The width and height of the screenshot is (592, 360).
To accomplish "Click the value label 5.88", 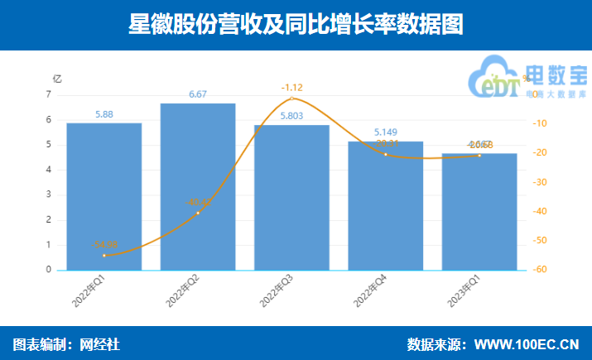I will [x=104, y=114].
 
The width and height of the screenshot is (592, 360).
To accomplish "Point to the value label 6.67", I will [x=198, y=94].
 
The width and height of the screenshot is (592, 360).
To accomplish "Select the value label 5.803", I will [x=291, y=116].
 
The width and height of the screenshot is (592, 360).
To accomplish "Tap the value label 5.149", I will [x=386, y=132].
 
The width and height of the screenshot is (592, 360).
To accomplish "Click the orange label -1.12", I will [x=292, y=87].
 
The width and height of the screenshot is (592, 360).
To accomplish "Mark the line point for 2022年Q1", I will [x=104, y=255].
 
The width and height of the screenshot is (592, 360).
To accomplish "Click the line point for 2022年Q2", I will [x=198, y=213].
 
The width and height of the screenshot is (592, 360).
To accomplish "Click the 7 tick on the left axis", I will [x=49, y=95].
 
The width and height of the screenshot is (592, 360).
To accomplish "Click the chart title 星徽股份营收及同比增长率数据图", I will [x=296, y=25].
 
